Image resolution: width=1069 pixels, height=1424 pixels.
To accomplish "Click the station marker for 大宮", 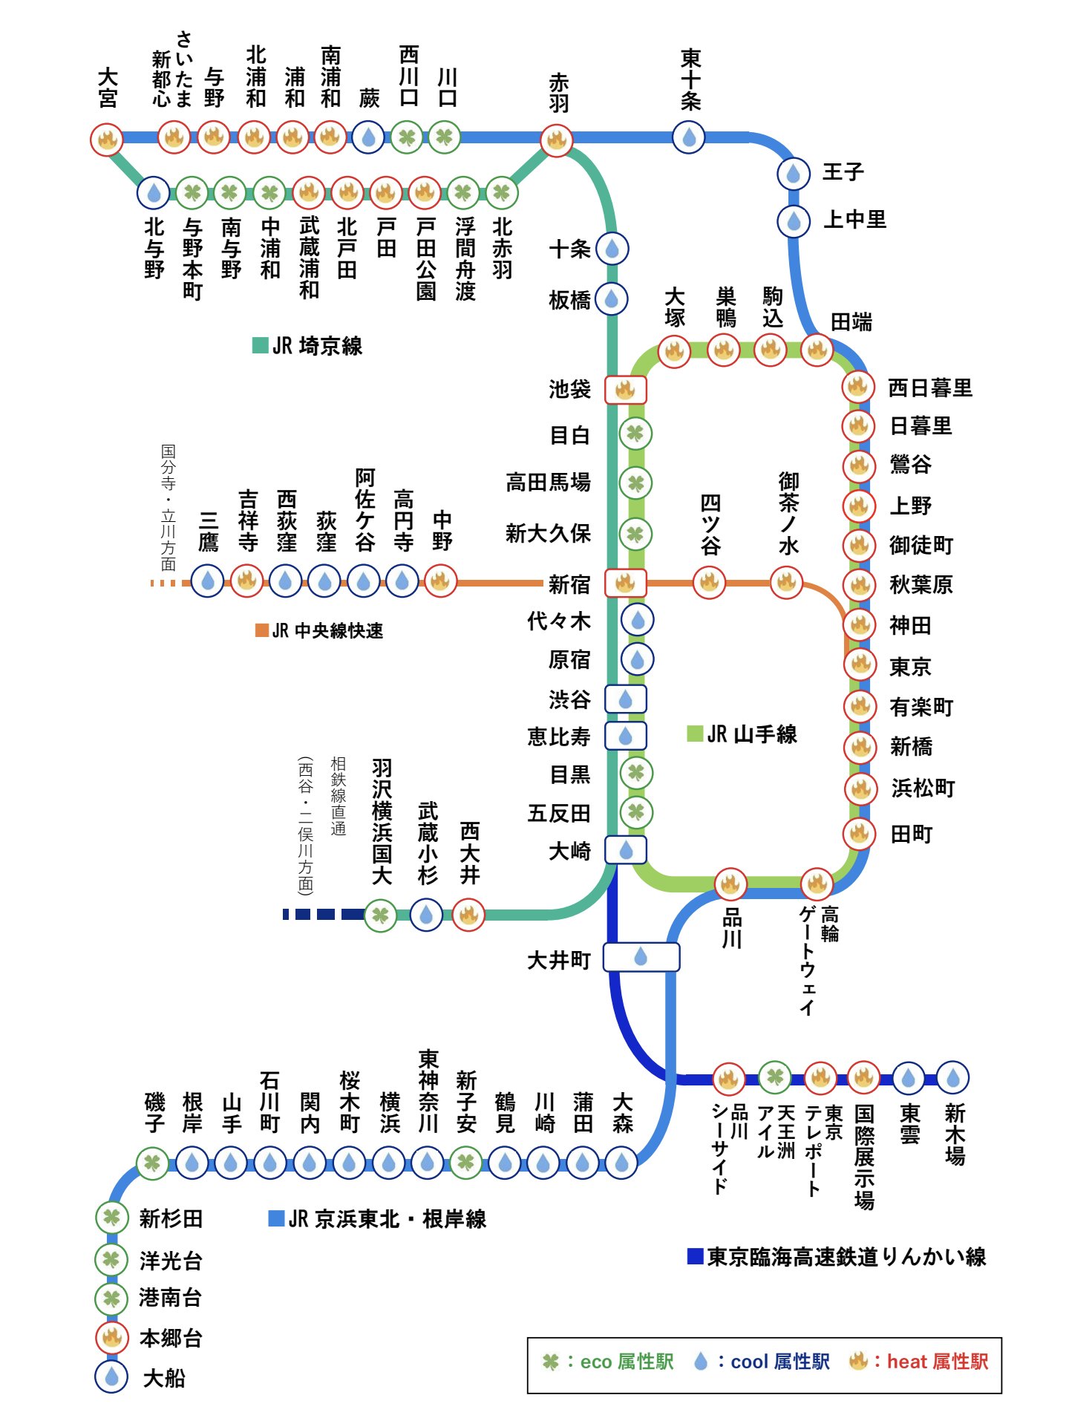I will [x=107, y=139].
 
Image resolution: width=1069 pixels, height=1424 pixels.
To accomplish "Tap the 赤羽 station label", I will [x=558, y=92].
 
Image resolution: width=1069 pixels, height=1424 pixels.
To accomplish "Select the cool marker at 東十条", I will [x=689, y=137].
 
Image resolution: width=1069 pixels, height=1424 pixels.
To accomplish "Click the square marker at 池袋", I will [x=625, y=389].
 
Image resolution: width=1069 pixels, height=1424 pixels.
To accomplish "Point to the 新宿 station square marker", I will [x=625, y=584].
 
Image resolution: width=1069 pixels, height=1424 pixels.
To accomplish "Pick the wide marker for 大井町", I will [x=641, y=957].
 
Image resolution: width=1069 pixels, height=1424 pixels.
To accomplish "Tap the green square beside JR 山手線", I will [x=695, y=734].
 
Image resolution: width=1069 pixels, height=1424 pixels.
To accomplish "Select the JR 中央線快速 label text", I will [x=327, y=631].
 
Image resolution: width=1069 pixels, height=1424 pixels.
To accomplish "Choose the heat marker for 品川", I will [x=730, y=884].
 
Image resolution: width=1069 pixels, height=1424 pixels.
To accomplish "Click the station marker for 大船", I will [x=111, y=1376].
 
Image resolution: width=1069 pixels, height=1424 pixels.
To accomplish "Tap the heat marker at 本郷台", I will [x=111, y=1337].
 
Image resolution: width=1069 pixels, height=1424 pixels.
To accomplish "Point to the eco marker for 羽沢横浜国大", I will [x=380, y=915].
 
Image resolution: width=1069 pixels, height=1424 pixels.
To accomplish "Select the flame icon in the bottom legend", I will [x=858, y=1361].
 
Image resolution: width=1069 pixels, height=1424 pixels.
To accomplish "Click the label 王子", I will [x=843, y=172].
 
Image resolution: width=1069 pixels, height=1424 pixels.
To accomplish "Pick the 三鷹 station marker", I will [x=208, y=581].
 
